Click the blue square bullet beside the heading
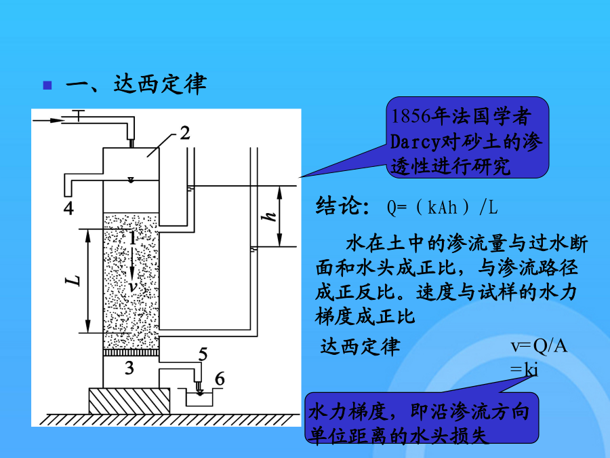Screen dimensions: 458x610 pos(47,85)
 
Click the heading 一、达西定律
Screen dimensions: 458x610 pos(136,85)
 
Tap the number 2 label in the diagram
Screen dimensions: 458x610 pos(184,132)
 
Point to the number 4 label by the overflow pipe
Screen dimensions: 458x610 pos(68,208)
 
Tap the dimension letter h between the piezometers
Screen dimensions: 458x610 pos(270,216)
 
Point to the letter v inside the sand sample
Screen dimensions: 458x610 pos(134,286)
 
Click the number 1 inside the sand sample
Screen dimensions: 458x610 pos(134,238)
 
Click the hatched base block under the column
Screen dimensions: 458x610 pos(129,400)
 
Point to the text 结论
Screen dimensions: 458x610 pos(342,207)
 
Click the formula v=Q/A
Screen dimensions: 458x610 pos(538,347)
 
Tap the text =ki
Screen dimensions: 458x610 pos(525,369)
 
